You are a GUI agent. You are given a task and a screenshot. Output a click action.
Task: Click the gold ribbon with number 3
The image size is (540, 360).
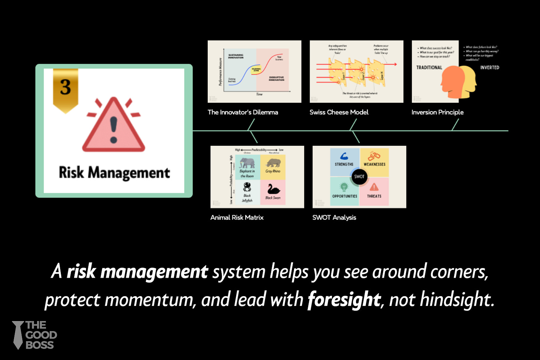66,89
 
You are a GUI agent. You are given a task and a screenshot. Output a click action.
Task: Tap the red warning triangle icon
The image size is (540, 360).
113,126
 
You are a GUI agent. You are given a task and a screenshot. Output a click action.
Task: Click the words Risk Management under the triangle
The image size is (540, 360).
114,173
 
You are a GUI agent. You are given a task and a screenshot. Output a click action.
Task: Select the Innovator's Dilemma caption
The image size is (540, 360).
243,112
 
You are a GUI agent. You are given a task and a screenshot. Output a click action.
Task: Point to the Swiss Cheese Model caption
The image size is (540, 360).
339,112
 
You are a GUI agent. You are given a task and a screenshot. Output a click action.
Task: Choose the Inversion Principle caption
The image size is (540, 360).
437,112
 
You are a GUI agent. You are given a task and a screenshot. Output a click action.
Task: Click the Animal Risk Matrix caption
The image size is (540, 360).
237,218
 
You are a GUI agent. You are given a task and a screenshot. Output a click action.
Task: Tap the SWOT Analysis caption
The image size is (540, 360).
334,218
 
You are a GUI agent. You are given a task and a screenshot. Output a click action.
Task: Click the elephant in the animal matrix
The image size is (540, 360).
247,163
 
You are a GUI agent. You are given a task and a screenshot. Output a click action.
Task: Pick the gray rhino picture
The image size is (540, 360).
273,163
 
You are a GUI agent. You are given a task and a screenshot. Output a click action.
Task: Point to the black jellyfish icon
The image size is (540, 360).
247,188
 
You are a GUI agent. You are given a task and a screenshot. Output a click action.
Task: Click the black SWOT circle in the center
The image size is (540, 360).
359,176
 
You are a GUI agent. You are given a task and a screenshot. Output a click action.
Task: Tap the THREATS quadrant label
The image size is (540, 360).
374,196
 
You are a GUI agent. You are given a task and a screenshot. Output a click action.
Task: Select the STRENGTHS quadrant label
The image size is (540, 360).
344,164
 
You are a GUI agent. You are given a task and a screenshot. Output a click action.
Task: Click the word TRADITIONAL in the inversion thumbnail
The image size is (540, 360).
429,67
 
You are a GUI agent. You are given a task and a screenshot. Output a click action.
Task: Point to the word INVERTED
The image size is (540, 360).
490,67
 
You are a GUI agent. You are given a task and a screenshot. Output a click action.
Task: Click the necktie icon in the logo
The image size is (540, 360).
17,335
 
